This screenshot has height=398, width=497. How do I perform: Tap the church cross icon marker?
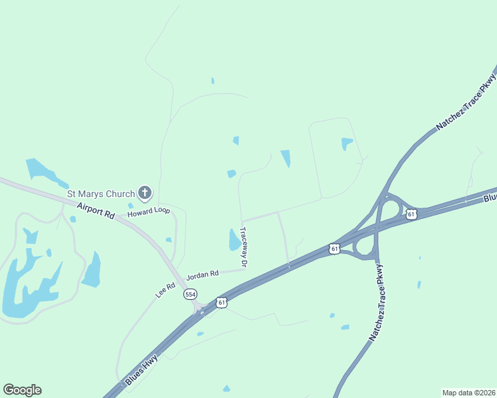(x=145, y=194)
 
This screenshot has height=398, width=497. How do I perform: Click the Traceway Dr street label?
(x=244, y=247)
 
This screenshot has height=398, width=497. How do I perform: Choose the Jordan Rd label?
(x=203, y=274)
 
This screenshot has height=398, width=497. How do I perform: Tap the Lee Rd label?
(x=165, y=290)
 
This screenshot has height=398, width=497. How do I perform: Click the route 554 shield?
(x=191, y=294)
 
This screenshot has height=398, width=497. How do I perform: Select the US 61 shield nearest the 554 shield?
(x=221, y=302)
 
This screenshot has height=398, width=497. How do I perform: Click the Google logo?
(x=22, y=390)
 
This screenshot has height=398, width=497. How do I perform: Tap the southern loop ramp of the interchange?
(x=364, y=247)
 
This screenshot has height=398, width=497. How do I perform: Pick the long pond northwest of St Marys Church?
(x=45, y=172)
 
